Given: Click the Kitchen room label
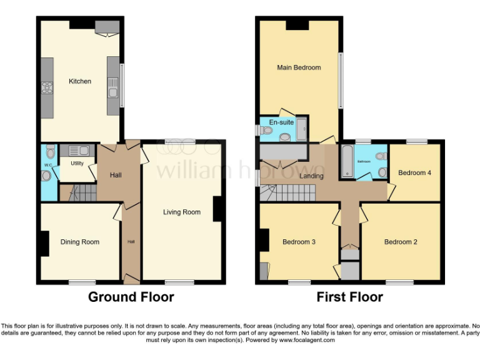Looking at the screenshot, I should click(x=80, y=81).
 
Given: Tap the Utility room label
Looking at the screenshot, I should click(x=77, y=163).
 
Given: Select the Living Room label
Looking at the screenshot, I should click(x=182, y=212).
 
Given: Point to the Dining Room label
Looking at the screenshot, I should click(x=80, y=242).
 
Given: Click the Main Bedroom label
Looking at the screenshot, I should click(x=299, y=67).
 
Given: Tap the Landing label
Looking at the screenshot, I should click(x=311, y=176).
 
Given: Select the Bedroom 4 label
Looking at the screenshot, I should click(x=415, y=173).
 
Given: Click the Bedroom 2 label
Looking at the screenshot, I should click(x=401, y=242).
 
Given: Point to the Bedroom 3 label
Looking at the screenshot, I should click(x=299, y=242).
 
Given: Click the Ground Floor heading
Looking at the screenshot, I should click(x=131, y=297).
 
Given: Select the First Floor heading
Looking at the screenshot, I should click(x=349, y=297).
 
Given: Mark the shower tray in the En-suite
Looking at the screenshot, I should click(x=301, y=129).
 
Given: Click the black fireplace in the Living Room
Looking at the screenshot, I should click(x=218, y=209).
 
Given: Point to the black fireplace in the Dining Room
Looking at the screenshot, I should click(x=44, y=243).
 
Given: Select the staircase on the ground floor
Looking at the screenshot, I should click(x=79, y=193).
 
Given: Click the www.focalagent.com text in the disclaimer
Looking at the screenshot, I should click(x=307, y=341).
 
